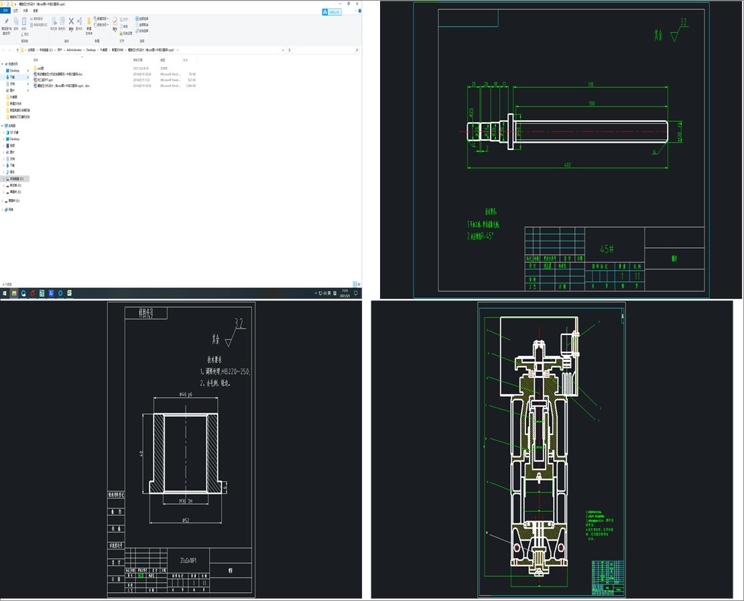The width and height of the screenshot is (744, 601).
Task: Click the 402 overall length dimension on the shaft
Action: coord(567,165)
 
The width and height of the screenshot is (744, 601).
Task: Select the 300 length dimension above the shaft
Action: coord(591,104)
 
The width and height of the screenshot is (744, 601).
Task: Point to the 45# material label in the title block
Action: coord(607,249)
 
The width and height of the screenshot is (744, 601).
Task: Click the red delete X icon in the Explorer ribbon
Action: coord(71,21)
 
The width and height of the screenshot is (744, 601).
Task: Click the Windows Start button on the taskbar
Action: coord(5,293)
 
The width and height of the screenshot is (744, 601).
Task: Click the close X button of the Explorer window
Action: coord(357,4)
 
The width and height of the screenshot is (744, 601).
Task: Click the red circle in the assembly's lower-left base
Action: coord(516,547)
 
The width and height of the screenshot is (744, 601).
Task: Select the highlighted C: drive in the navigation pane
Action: coord(16,179)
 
